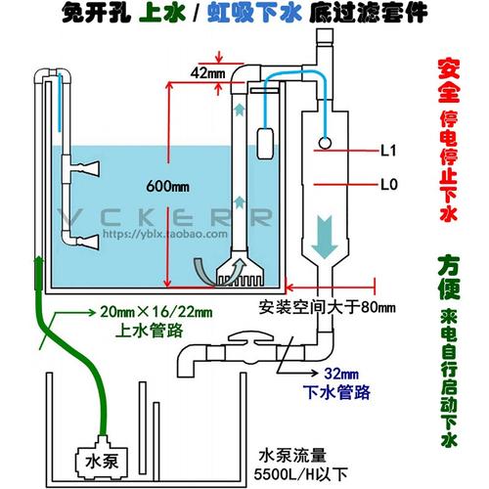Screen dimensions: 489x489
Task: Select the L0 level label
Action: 385,182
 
